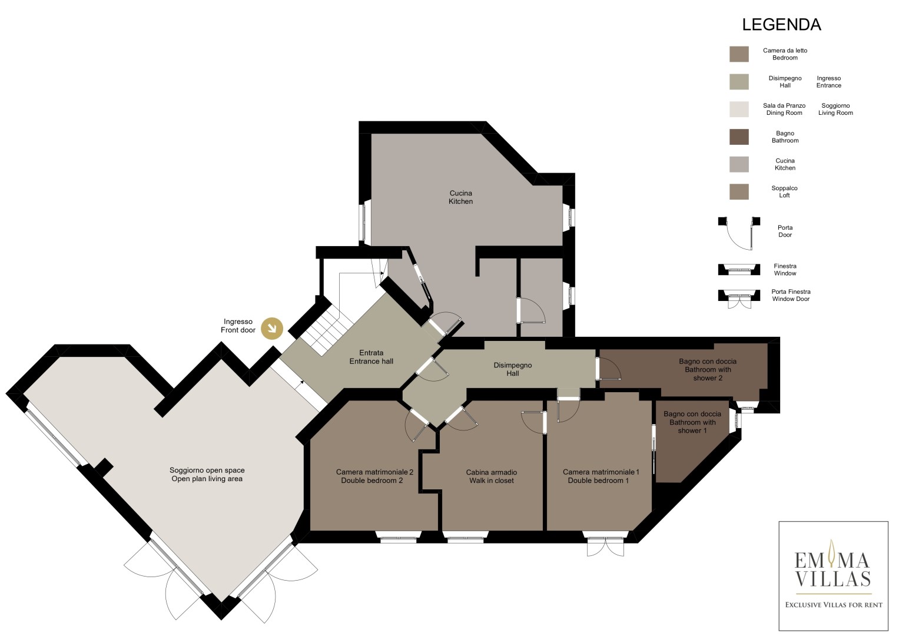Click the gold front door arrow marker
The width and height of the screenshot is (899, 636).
[x=272, y=329]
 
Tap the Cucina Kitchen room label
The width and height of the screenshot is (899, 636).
[x=460, y=197]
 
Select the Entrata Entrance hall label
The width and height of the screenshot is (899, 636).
[x=371, y=357]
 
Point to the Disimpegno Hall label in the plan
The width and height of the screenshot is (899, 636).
[x=513, y=369]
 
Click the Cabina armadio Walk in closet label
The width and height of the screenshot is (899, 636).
[x=491, y=476]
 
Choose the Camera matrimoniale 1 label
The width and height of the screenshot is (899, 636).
[x=601, y=476]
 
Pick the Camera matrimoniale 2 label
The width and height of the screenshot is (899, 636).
[x=374, y=476]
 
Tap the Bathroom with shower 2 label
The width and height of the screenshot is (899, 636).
[x=708, y=369]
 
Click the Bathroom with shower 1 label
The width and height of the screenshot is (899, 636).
[x=692, y=422]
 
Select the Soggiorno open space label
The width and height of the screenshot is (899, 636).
[x=207, y=474]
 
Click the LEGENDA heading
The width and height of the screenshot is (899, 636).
[x=781, y=25]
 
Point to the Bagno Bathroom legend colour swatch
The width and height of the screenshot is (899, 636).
[x=739, y=137]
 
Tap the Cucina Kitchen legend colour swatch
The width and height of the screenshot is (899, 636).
[x=739, y=164]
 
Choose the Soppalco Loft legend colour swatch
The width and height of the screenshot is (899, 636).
[x=739, y=191]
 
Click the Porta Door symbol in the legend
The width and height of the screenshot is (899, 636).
[x=739, y=233]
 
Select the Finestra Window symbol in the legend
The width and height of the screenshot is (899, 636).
[x=739, y=270]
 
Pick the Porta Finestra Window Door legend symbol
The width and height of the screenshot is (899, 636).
[x=739, y=299]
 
